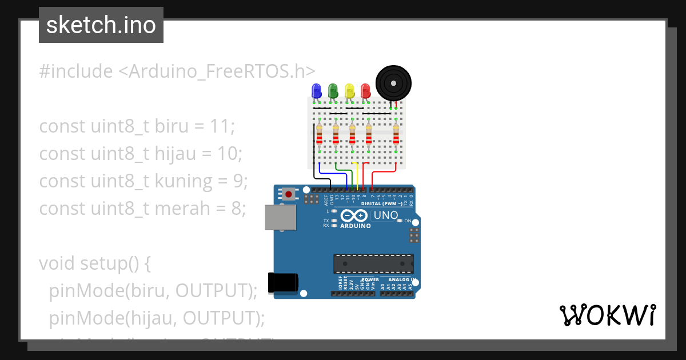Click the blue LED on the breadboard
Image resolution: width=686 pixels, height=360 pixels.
(x=316, y=91)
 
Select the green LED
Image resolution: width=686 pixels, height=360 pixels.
(x=333, y=91)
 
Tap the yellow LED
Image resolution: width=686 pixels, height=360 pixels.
(x=349, y=91)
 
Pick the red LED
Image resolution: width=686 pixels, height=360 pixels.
(x=365, y=91)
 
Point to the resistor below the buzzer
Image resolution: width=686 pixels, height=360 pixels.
(x=396, y=136)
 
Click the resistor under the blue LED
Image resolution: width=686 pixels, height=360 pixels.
(x=319, y=136)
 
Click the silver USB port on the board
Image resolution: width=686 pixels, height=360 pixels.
(x=281, y=218)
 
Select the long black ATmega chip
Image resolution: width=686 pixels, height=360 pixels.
(x=373, y=263)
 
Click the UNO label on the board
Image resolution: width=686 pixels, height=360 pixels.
(x=385, y=215)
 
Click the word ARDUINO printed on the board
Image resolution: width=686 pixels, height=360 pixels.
(x=355, y=226)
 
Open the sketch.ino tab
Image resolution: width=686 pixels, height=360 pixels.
(x=101, y=25)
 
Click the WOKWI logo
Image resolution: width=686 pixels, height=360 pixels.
(x=607, y=315)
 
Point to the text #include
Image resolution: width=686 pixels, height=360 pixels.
(x=76, y=71)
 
